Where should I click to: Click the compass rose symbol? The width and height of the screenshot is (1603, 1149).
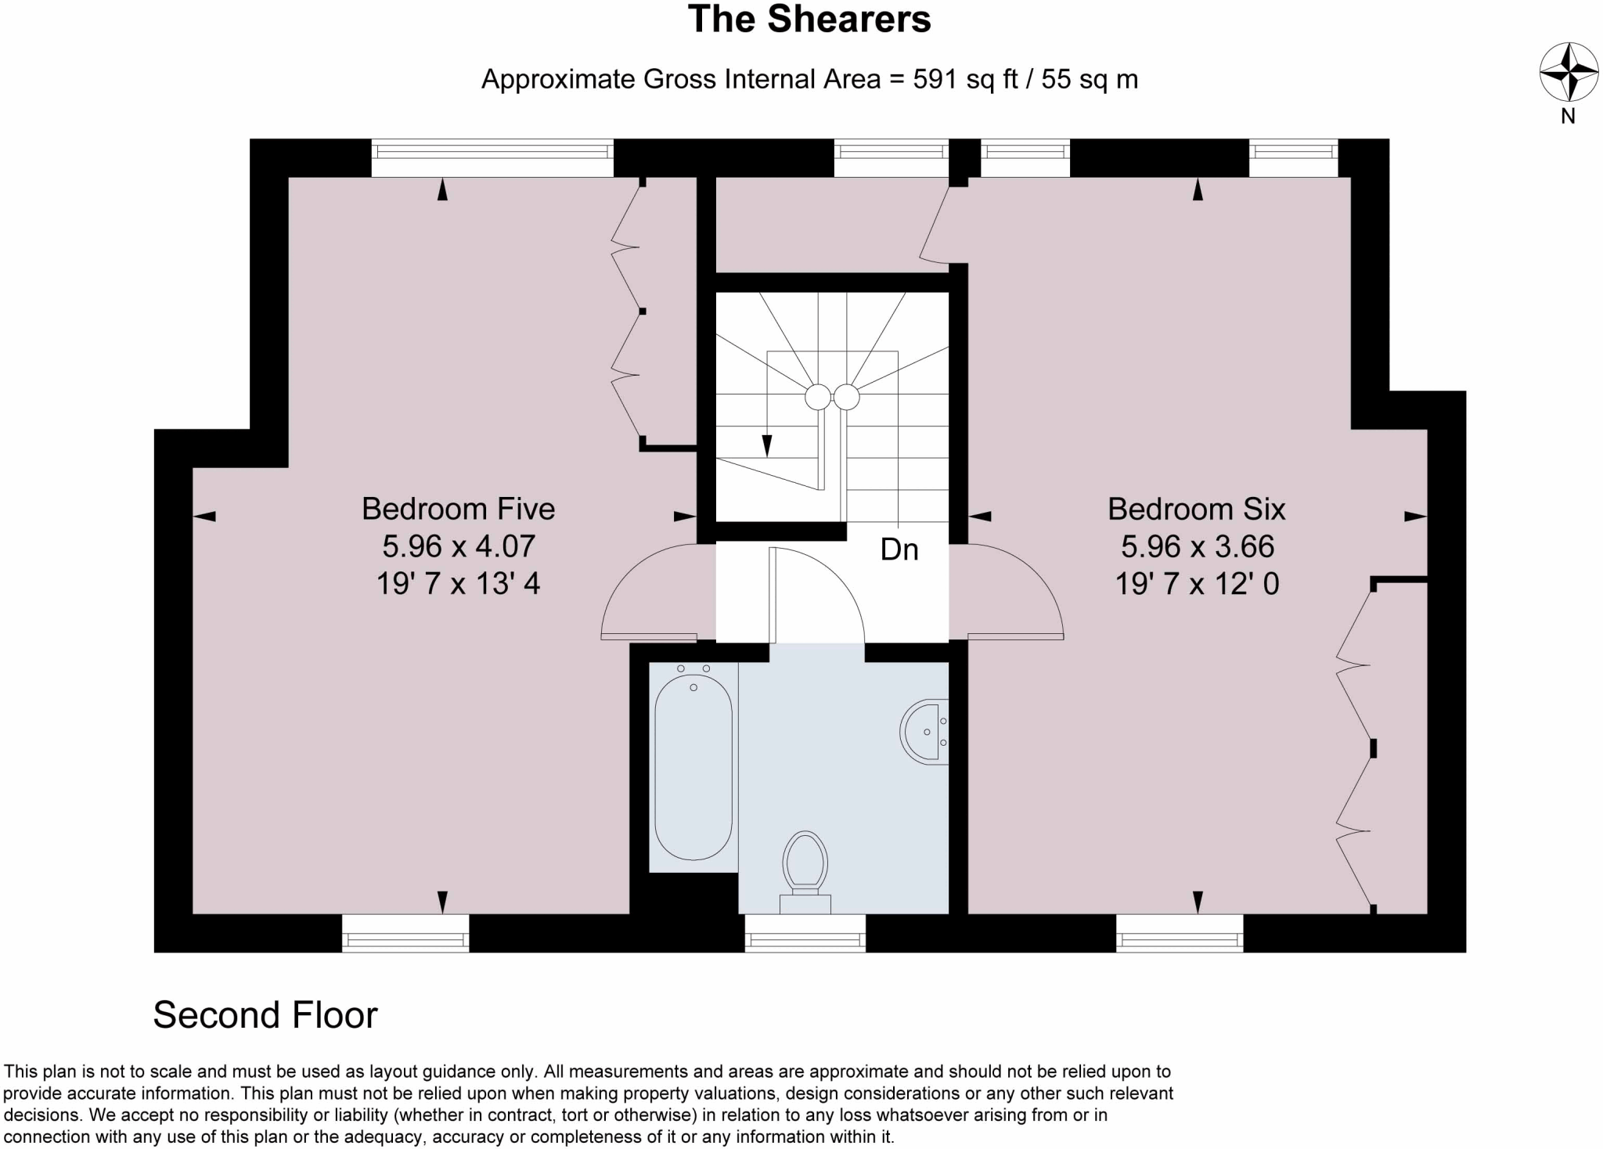tap(1569, 72)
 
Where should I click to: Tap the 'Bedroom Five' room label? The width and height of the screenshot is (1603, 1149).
tap(458, 509)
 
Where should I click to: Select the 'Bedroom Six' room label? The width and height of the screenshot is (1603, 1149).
tap(1196, 509)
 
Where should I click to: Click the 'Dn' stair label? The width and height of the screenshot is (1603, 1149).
tap(899, 549)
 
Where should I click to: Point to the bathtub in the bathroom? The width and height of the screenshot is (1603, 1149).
tap(693, 767)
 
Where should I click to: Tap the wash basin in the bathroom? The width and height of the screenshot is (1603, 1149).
tap(925, 731)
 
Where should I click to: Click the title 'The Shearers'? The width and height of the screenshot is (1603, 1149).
tap(809, 20)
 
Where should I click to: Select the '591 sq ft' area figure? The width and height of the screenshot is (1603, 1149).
tap(965, 79)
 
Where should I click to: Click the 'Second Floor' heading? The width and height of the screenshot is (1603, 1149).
tap(265, 1015)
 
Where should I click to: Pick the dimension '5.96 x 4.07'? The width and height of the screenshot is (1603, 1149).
tap(458, 546)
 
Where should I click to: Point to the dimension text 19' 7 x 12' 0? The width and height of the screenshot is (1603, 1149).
tap(1196, 584)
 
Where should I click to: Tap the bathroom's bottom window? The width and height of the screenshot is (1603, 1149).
tap(805, 933)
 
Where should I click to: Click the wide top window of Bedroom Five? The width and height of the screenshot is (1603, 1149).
tap(492, 158)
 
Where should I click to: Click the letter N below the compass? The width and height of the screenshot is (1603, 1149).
tap(1568, 117)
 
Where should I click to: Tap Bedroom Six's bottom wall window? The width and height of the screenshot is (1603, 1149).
tap(1179, 933)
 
